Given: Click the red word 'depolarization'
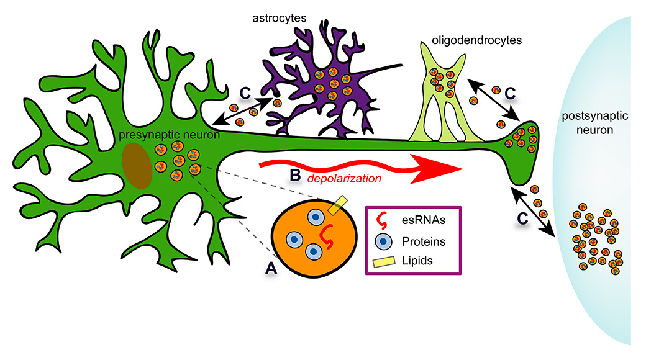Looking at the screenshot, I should tap(345, 178).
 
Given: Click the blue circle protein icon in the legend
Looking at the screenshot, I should tap(385, 241).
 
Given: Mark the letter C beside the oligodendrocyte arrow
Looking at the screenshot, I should tap(510, 93).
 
